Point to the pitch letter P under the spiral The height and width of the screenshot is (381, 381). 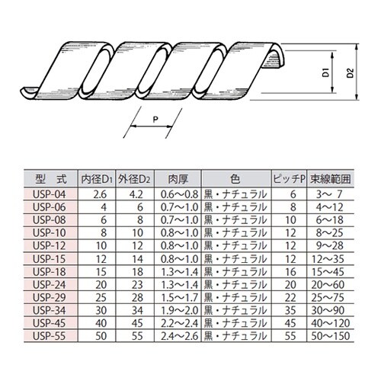coord(155,118)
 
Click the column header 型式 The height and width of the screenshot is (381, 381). coord(51,181)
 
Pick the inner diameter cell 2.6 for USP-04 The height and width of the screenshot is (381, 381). coord(98,194)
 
